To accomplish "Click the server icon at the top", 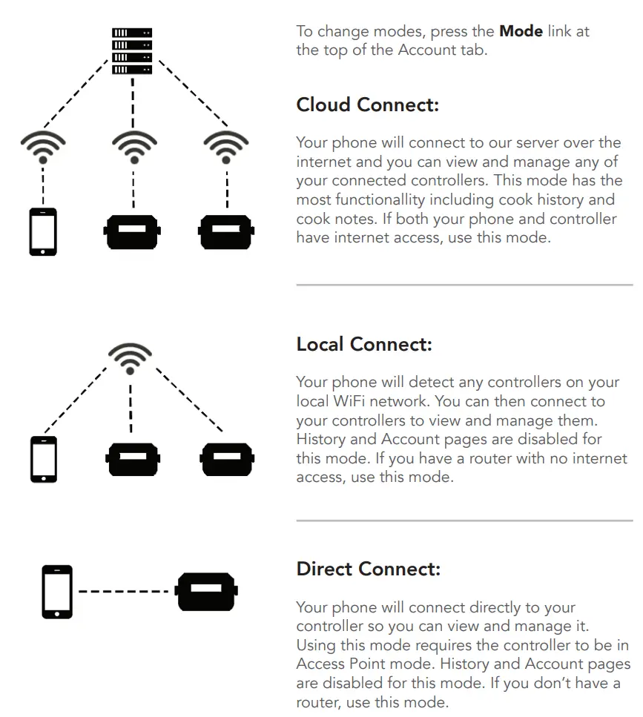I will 132,50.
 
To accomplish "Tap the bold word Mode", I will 521,32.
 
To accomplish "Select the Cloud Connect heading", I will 367,105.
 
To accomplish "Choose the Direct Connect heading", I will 368,569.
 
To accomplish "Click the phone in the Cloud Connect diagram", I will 43,232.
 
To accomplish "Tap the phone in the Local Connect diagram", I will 43,458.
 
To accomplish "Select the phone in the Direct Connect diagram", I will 58,592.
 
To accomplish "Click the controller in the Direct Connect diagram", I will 205,591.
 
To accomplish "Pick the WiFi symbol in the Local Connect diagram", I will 131,357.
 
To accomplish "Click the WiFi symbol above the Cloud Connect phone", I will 43,147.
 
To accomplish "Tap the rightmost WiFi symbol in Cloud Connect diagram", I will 225,147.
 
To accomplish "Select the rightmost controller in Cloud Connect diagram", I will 226,231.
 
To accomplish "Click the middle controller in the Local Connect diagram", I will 132,459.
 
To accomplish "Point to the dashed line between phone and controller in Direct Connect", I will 124,592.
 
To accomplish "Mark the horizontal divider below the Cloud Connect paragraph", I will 464,285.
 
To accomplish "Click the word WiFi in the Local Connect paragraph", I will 353,401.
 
